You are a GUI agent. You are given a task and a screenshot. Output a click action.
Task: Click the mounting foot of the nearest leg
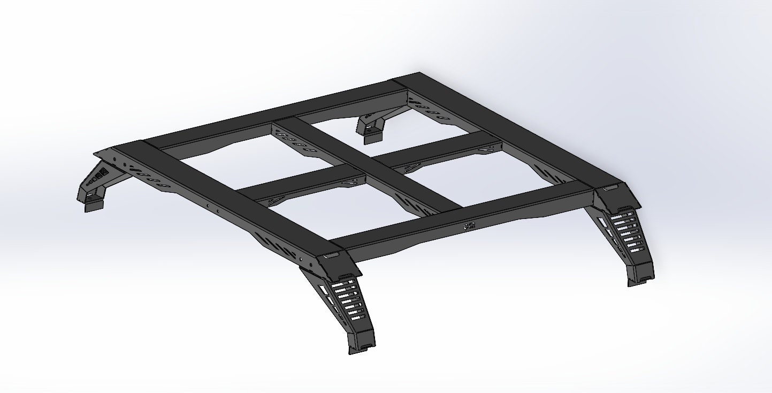click(362, 346)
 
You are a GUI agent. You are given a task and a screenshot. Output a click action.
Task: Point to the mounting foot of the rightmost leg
click(640, 278)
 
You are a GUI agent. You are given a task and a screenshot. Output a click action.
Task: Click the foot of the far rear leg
click(373, 136)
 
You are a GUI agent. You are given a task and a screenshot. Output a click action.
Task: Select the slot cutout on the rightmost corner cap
click(610, 188)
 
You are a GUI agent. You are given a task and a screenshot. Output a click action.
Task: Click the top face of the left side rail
click(230, 198)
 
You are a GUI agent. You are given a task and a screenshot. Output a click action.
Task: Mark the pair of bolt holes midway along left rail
click(213, 206)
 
